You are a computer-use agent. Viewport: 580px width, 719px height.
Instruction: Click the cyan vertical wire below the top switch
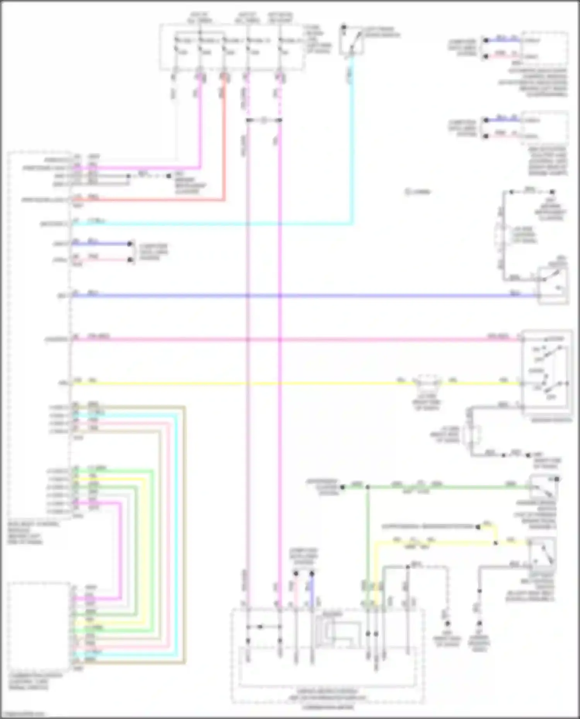[351, 147]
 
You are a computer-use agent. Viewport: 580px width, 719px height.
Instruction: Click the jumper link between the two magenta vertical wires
[264, 121]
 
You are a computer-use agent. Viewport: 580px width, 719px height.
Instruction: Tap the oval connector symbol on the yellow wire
[427, 382]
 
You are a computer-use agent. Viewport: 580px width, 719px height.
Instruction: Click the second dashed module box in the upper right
[544, 128]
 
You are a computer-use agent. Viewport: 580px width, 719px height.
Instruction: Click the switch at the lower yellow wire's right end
[543, 551]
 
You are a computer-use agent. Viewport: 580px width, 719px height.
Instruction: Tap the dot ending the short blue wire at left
[130, 244]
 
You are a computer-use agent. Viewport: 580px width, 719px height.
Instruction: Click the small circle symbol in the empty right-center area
[408, 192]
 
